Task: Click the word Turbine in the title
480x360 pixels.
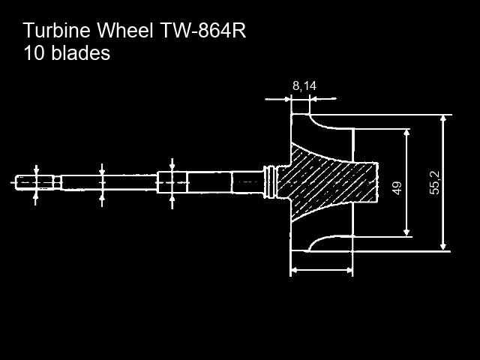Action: click(57, 30)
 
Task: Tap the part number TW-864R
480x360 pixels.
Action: click(203, 30)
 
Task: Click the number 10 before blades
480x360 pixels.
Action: click(34, 53)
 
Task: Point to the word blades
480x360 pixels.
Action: click(80, 53)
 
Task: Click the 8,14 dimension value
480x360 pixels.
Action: click(304, 86)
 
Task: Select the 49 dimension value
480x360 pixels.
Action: click(397, 188)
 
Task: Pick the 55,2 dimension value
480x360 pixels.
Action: click(435, 183)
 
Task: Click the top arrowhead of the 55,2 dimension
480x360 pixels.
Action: click(443, 119)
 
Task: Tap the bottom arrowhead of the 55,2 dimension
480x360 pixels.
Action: click(443, 247)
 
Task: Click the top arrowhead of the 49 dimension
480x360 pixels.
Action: click(406, 133)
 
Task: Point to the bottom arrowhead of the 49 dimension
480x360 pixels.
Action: click(406, 232)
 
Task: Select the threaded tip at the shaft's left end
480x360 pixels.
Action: click(34, 182)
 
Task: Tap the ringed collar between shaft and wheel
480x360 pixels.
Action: click(270, 182)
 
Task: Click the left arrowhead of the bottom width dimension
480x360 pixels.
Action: click(295, 270)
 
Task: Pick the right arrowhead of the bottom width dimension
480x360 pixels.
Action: click(348, 270)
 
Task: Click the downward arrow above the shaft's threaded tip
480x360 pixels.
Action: click(36, 170)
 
